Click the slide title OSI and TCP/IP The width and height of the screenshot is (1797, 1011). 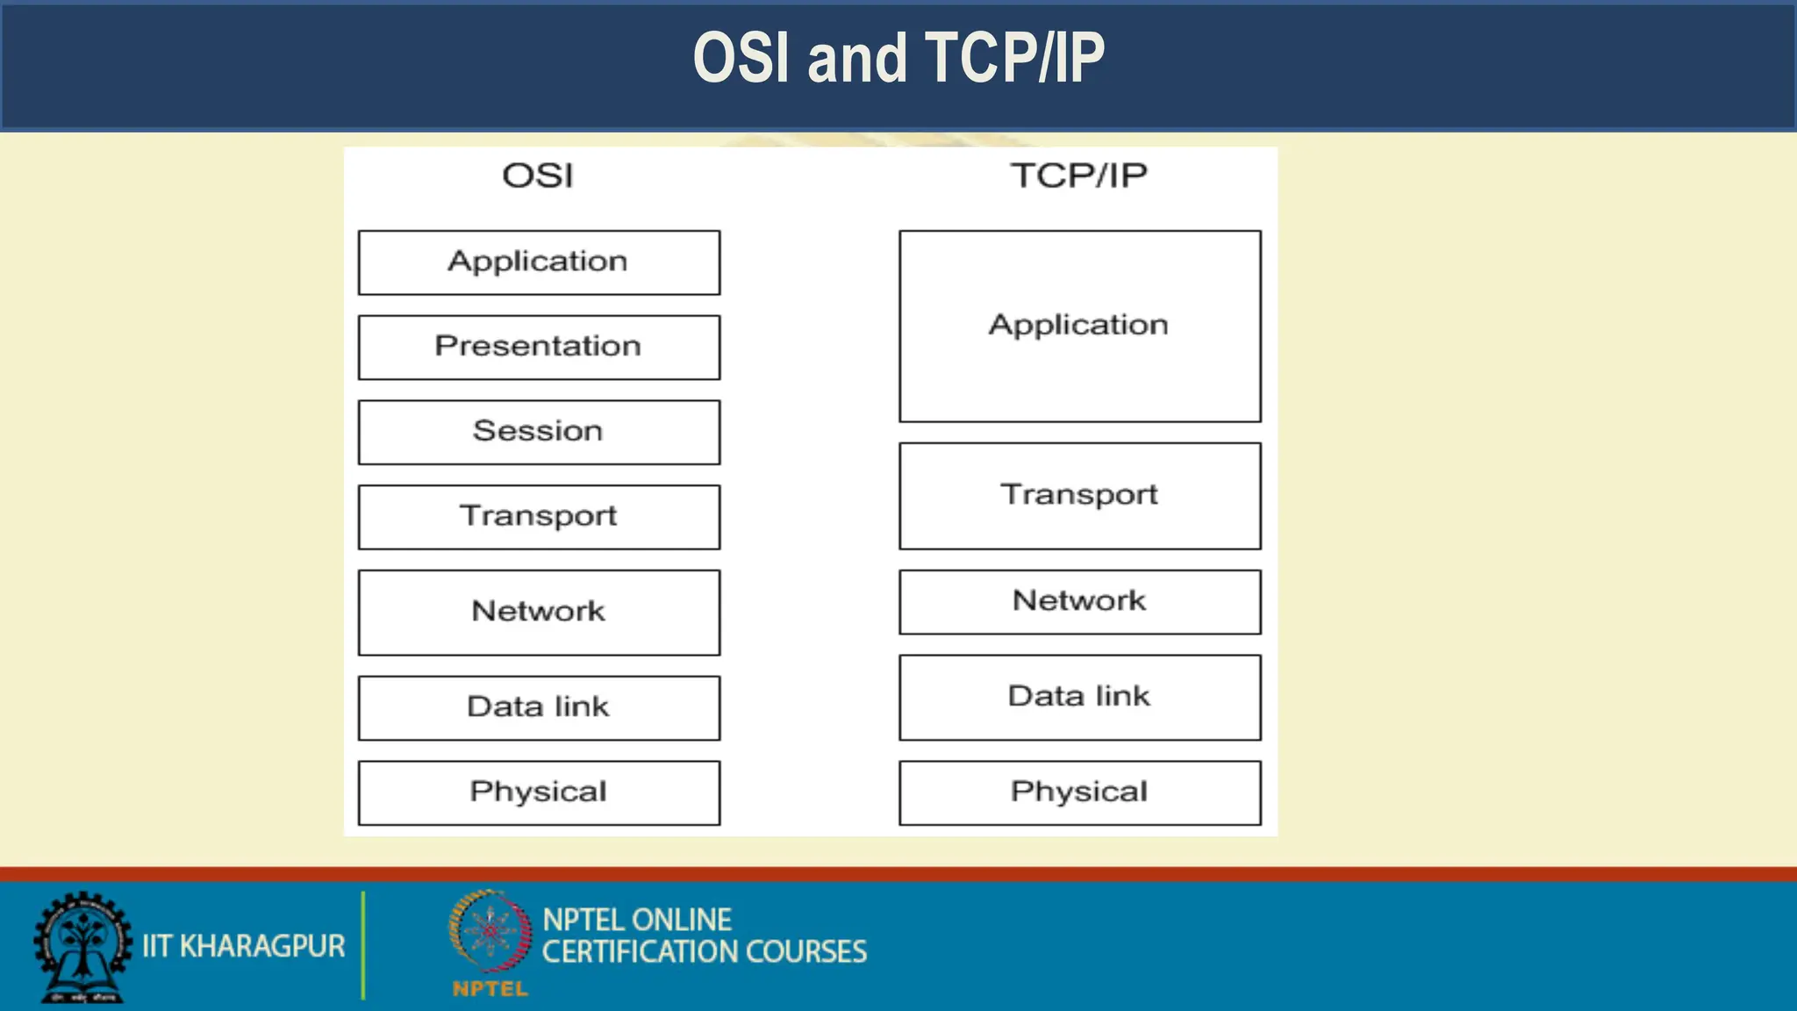898,58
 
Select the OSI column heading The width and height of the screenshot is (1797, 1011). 538,176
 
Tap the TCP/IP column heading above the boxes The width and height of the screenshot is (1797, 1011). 1078,176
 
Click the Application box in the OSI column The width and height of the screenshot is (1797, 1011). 539,262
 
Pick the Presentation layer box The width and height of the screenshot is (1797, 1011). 539,347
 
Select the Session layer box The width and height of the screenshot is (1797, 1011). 539,432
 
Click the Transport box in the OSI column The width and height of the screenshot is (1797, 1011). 539,517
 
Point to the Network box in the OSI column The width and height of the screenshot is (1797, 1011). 539,612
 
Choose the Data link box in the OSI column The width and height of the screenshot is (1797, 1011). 539,707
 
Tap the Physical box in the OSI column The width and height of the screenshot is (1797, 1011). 539,792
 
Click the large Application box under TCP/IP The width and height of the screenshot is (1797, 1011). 1079,326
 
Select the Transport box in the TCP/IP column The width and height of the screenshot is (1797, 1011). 1079,496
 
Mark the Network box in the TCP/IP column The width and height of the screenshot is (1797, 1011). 1079,602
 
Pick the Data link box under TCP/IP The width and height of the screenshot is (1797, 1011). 1079,697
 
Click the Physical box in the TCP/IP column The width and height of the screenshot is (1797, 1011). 1079,792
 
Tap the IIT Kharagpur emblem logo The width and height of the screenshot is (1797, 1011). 82,946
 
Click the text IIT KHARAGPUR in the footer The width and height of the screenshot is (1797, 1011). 243,946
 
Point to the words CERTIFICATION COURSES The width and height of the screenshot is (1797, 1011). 704,952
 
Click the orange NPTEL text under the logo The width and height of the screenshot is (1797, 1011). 490,989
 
